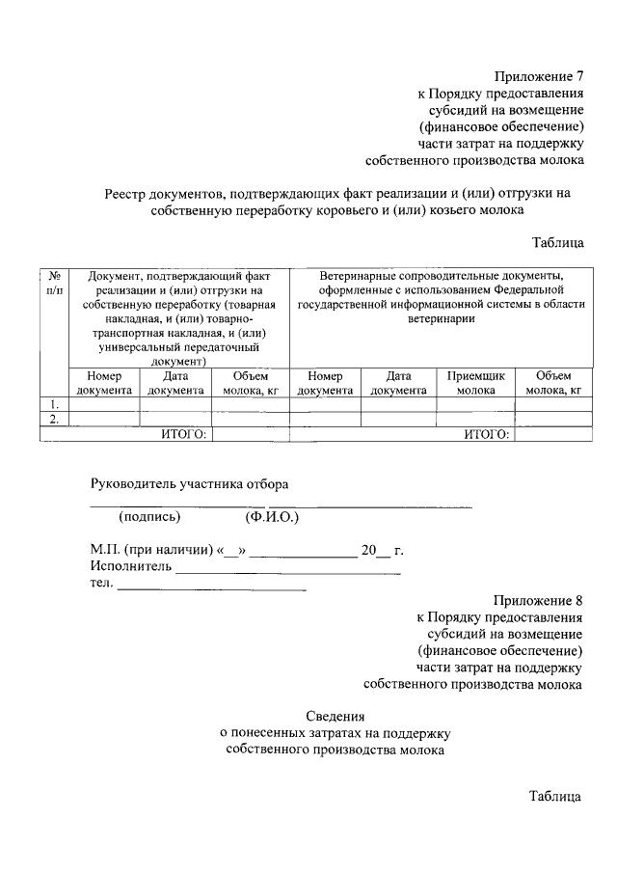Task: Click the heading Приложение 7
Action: pos(540,76)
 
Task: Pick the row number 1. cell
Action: pos(55,404)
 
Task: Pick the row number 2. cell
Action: pos(55,420)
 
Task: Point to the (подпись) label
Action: pos(149,516)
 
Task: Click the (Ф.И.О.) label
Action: pos(273,516)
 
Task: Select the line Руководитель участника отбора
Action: pos(189,483)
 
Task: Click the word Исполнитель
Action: pos(131,566)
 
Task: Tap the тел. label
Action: pos(101,583)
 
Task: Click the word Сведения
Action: pos(335,716)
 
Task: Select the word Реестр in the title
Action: pos(128,193)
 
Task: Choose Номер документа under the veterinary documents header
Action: pos(325,383)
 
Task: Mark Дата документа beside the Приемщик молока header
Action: pos(398,383)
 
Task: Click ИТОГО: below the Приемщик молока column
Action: pos(486,434)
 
